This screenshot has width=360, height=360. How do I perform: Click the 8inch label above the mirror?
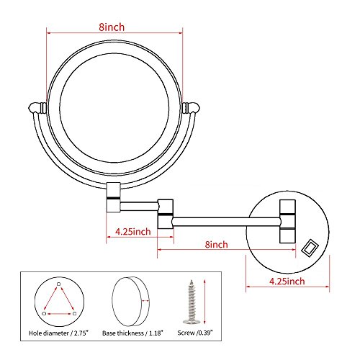pyautogui.click(x=112, y=27)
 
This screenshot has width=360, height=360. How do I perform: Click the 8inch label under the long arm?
pyautogui.click(x=216, y=245)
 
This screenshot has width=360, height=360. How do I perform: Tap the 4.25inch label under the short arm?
pyautogui.click(x=133, y=232)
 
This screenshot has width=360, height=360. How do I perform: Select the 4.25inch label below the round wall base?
pyautogui.click(x=287, y=282)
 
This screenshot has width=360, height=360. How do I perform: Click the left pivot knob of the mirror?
pyautogui.click(x=37, y=107)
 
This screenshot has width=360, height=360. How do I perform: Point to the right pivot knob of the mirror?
pyautogui.click(x=191, y=107)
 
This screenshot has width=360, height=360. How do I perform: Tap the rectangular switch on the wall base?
pyautogui.click(x=310, y=248)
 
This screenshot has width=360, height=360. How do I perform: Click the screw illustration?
pyautogui.click(x=192, y=302)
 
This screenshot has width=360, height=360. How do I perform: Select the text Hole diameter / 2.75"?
pyautogui.click(x=58, y=333)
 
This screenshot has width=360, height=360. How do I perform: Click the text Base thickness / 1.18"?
pyautogui.click(x=132, y=333)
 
